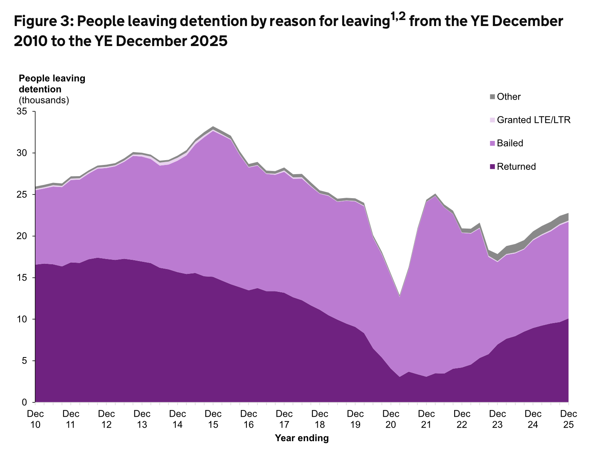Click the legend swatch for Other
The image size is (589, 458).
(x=492, y=97)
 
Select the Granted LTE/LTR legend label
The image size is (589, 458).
(x=533, y=120)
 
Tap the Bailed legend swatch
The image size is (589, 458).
(x=492, y=143)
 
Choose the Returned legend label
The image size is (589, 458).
(x=516, y=167)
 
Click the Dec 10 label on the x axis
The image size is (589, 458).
(x=36, y=418)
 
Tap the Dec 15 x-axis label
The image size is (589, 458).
(x=213, y=418)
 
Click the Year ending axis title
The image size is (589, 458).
(x=302, y=438)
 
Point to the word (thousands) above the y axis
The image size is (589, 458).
(x=44, y=100)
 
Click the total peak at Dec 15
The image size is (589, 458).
(x=213, y=127)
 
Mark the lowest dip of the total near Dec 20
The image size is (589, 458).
(x=399, y=297)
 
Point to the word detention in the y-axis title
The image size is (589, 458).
(x=40, y=89)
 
